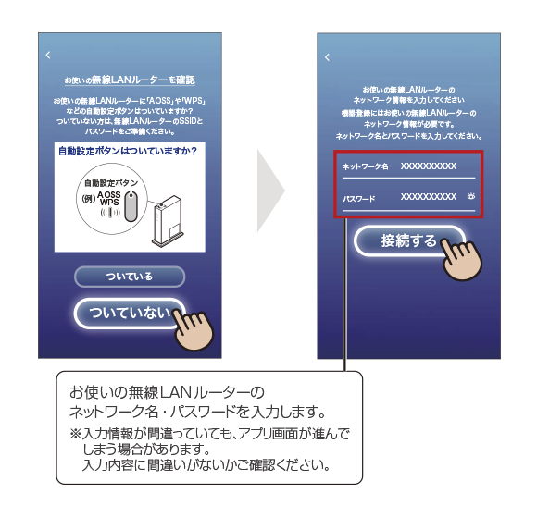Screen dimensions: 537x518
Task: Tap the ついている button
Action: (130, 277)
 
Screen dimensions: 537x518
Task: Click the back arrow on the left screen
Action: (48, 55)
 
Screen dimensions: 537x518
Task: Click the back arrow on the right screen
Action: (327, 57)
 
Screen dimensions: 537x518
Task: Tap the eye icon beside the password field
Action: (471, 196)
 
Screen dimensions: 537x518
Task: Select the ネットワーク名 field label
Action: (366, 166)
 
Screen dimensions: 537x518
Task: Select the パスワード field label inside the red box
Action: (359, 199)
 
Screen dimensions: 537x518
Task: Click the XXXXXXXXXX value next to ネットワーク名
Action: (429, 166)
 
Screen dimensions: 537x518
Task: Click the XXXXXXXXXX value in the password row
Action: (429, 197)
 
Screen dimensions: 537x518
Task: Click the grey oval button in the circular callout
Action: (131, 206)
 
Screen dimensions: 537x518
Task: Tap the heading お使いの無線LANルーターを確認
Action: (130, 80)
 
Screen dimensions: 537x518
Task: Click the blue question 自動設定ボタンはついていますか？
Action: (128, 151)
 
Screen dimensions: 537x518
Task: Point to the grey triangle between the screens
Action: (270, 191)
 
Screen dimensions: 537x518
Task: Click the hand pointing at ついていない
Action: (194, 330)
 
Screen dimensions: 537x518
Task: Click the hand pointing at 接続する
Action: (462, 259)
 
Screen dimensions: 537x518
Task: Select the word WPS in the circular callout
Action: (109, 203)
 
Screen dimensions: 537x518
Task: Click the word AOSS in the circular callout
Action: (109, 194)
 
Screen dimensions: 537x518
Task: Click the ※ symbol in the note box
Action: (75, 434)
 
